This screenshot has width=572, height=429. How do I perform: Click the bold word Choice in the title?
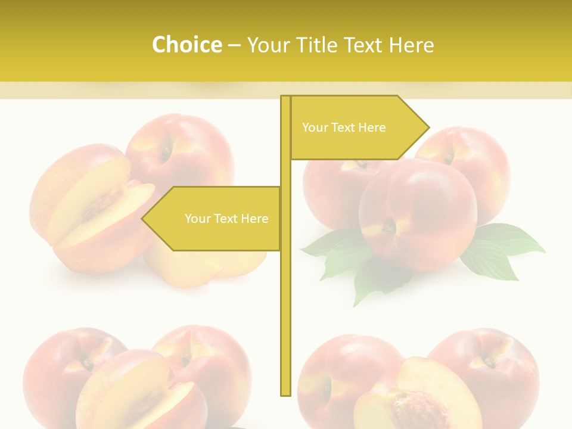point(186,45)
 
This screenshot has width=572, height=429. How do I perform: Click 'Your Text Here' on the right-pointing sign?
point(344,128)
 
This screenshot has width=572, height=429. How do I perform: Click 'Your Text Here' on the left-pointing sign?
point(226,219)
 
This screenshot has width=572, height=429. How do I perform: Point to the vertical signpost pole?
point(285,298)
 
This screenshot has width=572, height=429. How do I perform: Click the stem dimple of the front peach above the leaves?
point(388,226)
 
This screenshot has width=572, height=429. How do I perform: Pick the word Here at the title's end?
point(411,45)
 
